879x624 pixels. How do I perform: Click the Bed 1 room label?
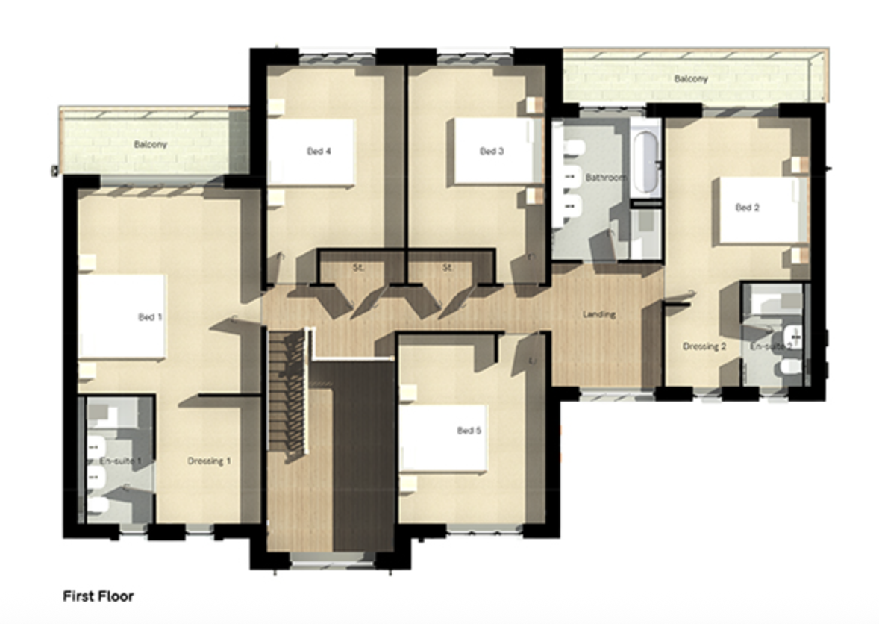(150, 317)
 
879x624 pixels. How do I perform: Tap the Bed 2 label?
(747, 208)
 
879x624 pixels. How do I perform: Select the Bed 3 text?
(492, 151)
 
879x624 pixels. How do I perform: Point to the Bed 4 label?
(319, 151)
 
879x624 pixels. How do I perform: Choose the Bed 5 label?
(469, 431)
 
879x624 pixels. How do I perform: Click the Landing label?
(599, 314)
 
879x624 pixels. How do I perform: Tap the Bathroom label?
(605, 178)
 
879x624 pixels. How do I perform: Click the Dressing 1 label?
(209, 461)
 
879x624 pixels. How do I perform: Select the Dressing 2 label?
(704, 346)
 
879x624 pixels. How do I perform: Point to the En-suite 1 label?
(120, 461)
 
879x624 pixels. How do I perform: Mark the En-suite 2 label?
(772, 346)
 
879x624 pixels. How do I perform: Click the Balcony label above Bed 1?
(150, 144)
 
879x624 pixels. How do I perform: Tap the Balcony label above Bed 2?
(691, 78)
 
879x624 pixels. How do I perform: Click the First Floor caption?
(98, 596)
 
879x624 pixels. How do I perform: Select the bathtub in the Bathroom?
(645, 157)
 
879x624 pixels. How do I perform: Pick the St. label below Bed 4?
(359, 268)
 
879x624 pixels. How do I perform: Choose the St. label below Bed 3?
(448, 268)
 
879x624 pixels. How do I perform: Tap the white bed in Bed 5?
(444, 438)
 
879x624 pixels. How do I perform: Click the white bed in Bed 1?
(122, 316)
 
